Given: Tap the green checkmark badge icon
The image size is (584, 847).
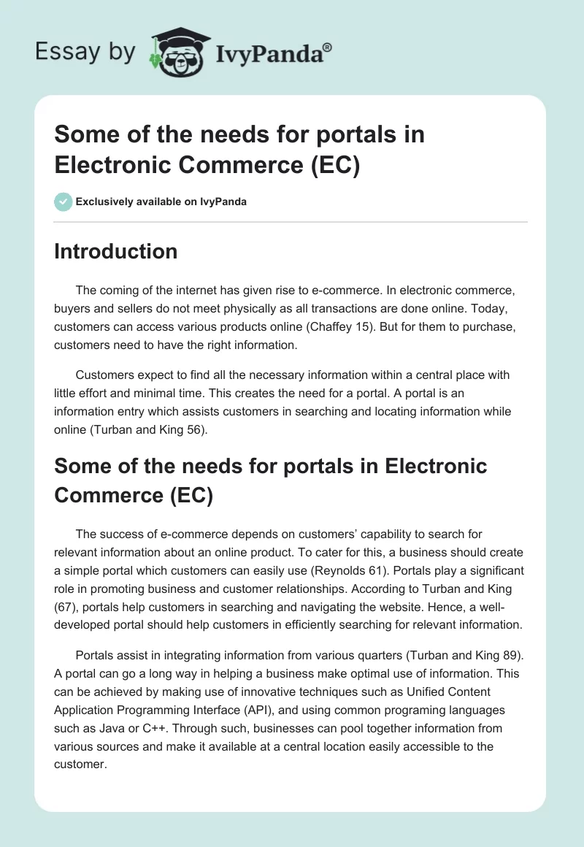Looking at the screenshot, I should click(x=64, y=202).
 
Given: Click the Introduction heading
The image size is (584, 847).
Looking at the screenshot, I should click(x=115, y=251).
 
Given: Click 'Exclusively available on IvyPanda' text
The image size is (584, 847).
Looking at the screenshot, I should click(x=161, y=202).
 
